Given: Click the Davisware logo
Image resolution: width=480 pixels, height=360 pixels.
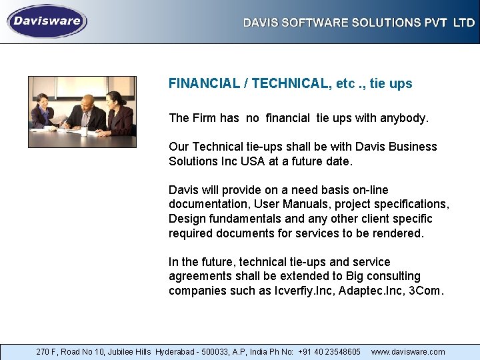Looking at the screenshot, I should (x=47, y=21).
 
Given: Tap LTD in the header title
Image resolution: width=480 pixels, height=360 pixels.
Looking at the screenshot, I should (x=464, y=23).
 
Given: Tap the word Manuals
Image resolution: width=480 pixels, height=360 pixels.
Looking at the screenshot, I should (x=317, y=204).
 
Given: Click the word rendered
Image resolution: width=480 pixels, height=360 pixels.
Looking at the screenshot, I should (x=397, y=233).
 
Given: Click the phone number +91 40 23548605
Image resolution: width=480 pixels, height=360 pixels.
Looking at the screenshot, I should (x=329, y=351).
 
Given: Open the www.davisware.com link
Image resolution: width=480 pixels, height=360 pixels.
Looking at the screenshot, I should (x=408, y=351).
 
